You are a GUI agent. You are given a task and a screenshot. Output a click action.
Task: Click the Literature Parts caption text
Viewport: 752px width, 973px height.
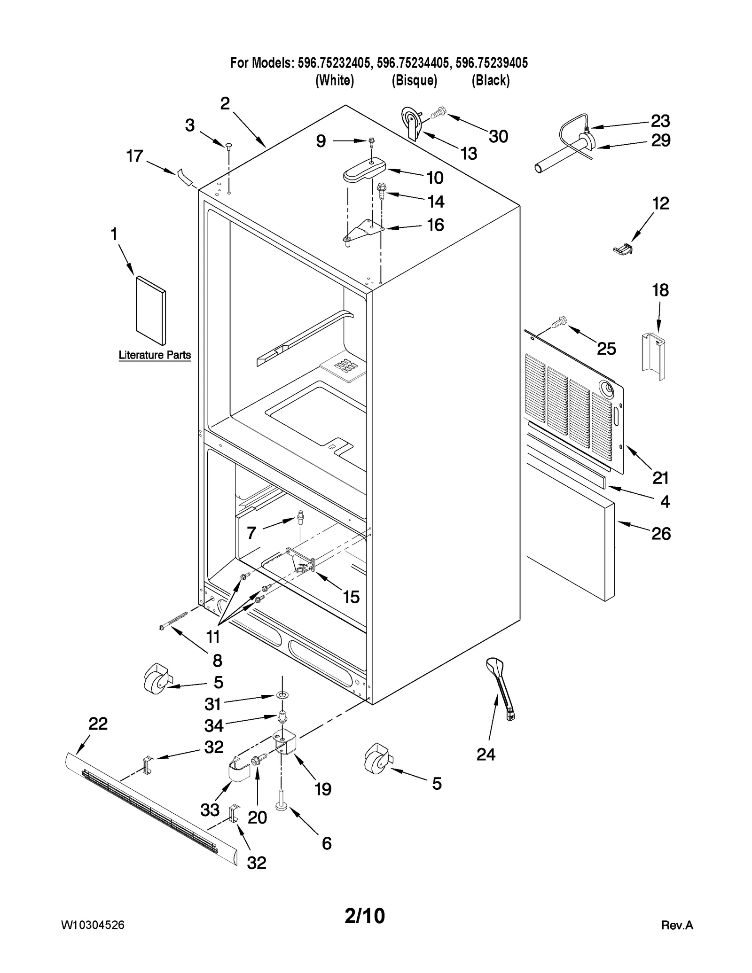[x=155, y=355]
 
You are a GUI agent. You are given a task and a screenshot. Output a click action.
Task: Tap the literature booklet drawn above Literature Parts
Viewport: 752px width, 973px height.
[x=150, y=311]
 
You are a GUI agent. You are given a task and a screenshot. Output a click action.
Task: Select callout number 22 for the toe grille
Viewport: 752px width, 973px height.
[x=98, y=724]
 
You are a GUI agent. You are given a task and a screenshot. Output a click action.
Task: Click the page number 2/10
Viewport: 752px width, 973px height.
[x=365, y=916]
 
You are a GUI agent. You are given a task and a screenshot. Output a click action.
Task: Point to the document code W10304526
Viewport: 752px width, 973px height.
[x=93, y=925]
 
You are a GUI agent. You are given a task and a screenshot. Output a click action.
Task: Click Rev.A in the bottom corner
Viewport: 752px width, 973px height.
[x=677, y=926]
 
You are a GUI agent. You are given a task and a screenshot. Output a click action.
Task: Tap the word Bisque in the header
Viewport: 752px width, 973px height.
[x=415, y=81]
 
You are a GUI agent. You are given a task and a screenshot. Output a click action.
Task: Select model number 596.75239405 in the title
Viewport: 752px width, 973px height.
[x=492, y=63]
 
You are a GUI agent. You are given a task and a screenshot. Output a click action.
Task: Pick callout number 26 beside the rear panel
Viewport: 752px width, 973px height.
[x=660, y=534]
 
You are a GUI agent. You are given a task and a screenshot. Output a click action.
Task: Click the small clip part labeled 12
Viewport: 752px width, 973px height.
[x=623, y=249]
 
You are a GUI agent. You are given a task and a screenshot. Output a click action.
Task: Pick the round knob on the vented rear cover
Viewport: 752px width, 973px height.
[x=606, y=389]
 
